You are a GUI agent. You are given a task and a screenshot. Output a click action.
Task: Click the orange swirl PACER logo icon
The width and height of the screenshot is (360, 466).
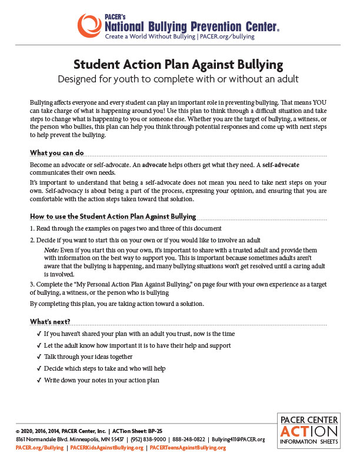click(90, 25)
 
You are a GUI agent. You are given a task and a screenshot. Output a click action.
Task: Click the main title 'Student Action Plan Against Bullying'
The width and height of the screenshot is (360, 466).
click(179, 64)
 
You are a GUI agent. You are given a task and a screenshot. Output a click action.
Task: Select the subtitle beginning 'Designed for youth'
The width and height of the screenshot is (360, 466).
click(179, 78)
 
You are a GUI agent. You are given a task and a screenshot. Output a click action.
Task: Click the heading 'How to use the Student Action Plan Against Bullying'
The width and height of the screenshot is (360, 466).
click(113, 216)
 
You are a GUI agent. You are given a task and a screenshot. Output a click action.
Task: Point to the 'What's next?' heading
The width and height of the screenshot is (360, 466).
click(50, 321)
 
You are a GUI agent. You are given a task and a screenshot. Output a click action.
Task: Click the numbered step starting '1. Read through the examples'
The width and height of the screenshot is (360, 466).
click(126, 228)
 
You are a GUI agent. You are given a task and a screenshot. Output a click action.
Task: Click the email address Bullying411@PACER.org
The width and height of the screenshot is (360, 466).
click(238, 440)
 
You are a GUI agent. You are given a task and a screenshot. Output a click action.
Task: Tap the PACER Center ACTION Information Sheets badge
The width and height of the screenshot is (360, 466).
click(308, 430)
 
